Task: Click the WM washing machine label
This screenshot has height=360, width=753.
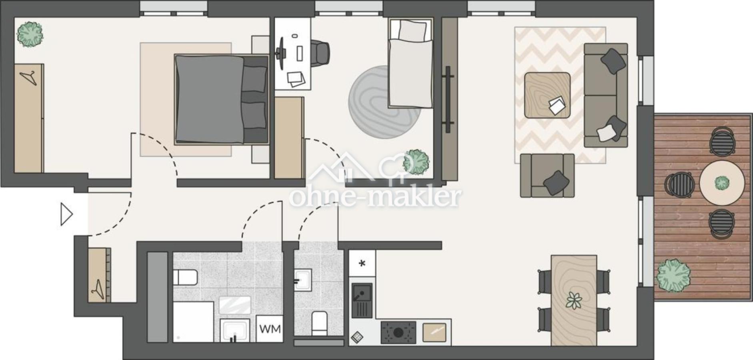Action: [x=270, y=329]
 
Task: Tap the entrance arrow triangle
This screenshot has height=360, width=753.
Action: [x=66, y=215]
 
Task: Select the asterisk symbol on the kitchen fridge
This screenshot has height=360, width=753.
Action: [x=362, y=263]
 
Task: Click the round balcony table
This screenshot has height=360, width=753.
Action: [x=722, y=183]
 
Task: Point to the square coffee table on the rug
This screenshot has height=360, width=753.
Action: [x=547, y=95]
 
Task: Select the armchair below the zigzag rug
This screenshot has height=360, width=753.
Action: [x=547, y=175]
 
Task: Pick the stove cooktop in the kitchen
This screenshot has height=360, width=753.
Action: [x=398, y=332]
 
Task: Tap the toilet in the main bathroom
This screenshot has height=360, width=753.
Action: [x=185, y=277]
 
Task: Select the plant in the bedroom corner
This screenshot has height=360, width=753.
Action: [x=30, y=34]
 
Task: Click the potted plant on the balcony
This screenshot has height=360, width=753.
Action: [x=673, y=276]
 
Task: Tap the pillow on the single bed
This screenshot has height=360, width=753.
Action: [x=412, y=30]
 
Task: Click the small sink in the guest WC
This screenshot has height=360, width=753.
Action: [x=303, y=279]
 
